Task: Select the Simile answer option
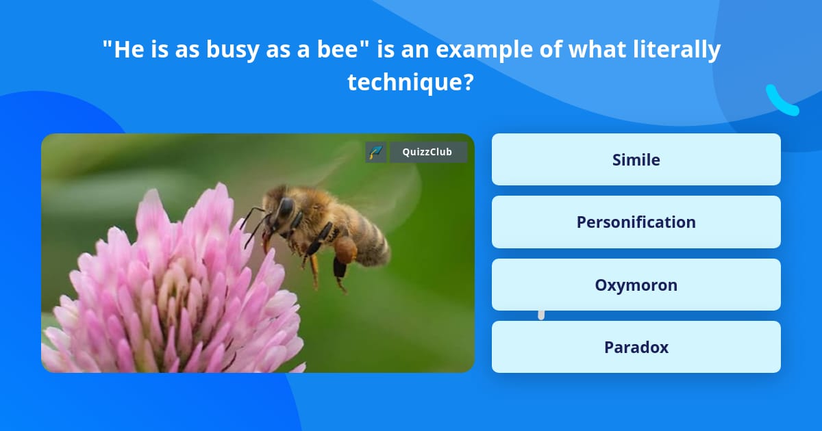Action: [x=636, y=159]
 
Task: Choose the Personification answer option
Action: [x=636, y=222]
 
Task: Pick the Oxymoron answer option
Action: [x=636, y=285]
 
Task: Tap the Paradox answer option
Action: [x=636, y=347]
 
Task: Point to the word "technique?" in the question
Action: [x=410, y=82]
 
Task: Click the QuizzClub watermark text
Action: [x=427, y=152]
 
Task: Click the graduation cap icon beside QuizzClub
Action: [x=375, y=152]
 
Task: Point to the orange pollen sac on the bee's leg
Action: [x=346, y=249]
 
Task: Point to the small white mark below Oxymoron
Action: [x=541, y=315]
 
